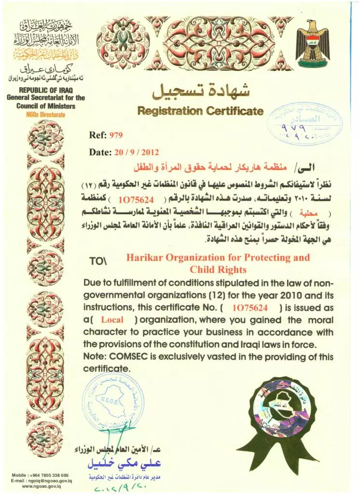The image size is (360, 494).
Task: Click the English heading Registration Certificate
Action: coord(200,111)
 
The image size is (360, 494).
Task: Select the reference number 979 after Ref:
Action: coord(117,135)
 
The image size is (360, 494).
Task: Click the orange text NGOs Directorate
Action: coord(45,115)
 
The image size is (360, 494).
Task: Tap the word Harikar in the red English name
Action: coord(144,257)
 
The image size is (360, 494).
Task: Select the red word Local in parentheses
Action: coord(112,319)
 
